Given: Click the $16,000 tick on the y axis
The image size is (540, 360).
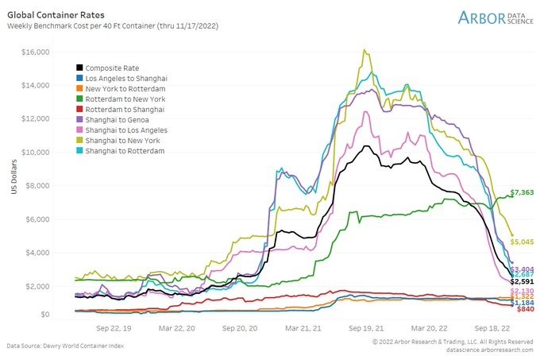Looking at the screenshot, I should pyautogui.click(x=37, y=52).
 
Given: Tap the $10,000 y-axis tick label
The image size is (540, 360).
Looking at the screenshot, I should pyautogui.click(x=37, y=152).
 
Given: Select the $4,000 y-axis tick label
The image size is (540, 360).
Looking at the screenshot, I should pyautogui.click(x=38, y=253).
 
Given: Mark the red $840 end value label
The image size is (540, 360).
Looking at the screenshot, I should pyautogui.click(x=523, y=308).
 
